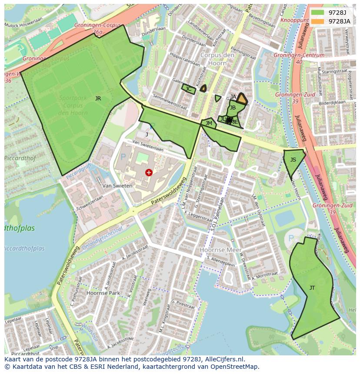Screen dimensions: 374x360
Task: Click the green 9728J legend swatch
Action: pyautogui.click(x=318, y=13)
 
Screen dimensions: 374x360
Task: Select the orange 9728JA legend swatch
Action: pyautogui.click(x=318, y=21)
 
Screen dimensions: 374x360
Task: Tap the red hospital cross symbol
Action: pyautogui.click(x=149, y=172)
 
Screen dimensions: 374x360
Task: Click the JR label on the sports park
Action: pyautogui.click(x=98, y=99)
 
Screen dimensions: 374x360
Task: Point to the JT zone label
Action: pyautogui.click(x=312, y=288)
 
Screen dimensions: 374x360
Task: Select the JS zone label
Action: pyautogui.click(x=293, y=160)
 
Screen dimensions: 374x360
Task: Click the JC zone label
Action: pyautogui.click(x=188, y=89)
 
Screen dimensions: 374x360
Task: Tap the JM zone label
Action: pyautogui.click(x=209, y=123)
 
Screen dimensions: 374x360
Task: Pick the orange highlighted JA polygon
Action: pyautogui.click(x=242, y=99)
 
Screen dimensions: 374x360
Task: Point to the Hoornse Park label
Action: pyautogui.click(x=103, y=293)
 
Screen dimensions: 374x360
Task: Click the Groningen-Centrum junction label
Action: pyautogui.click(x=299, y=55)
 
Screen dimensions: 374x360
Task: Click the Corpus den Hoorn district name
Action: pyautogui.click(x=213, y=59)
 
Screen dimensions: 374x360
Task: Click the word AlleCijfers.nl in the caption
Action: pyautogui.click(x=223, y=359)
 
